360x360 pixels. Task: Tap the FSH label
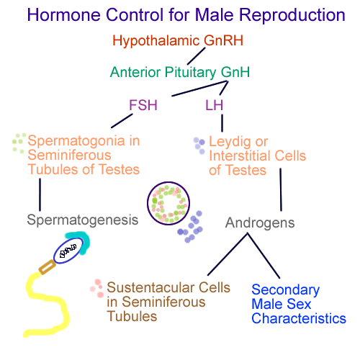[x=143, y=105]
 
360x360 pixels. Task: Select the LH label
[x=214, y=105]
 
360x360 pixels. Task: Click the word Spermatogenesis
[x=83, y=220]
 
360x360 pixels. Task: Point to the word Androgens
[x=260, y=223]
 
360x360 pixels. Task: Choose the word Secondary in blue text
[x=286, y=290]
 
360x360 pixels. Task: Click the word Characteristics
[x=299, y=319]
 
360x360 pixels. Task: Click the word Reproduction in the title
[x=292, y=15]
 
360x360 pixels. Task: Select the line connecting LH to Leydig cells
[x=222, y=123]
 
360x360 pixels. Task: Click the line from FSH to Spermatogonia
[x=122, y=121]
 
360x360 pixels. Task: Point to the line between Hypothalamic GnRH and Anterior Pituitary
[x=197, y=56]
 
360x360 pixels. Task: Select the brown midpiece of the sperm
[x=48, y=267]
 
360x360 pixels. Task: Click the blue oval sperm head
[x=68, y=251]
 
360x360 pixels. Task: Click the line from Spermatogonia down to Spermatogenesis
[x=40, y=194]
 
